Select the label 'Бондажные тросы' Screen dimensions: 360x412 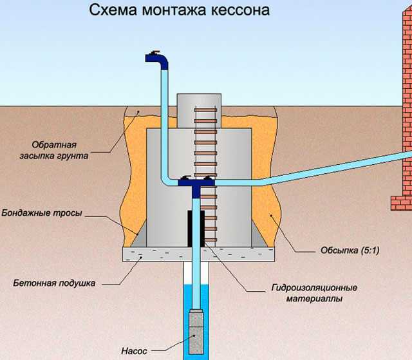[41, 212]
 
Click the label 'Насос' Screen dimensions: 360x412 [134, 351]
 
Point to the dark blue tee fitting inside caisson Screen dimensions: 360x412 [196, 183]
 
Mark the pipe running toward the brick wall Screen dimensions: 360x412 [309, 174]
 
